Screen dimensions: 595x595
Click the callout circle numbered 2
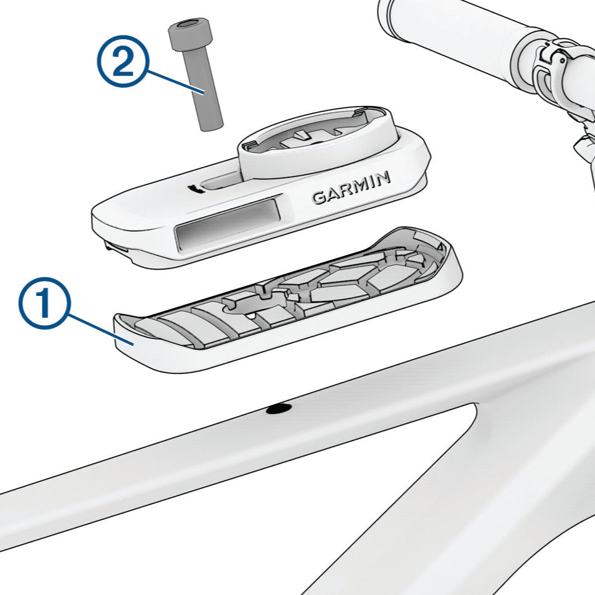click(x=123, y=62)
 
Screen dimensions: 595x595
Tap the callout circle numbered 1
click(x=45, y=302)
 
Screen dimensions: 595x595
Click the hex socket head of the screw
click(x=189, y=34)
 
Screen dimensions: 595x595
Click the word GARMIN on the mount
click(x=351, y=188)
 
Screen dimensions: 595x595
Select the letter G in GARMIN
click(x=320, y=197)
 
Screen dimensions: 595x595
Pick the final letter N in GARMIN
click(x=382, y=178)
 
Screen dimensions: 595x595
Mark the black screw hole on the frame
click(x=279, y=409)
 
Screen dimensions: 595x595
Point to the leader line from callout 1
click(x=101, y=330)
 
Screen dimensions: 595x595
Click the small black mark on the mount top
click(x=196, y=189)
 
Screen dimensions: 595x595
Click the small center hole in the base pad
click(x=250, y=315)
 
